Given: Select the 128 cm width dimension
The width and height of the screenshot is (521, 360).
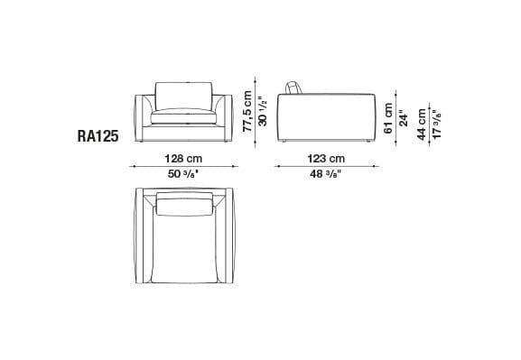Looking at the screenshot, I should (182, 159).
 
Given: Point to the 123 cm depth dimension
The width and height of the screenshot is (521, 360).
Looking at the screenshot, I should (325, 159).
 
